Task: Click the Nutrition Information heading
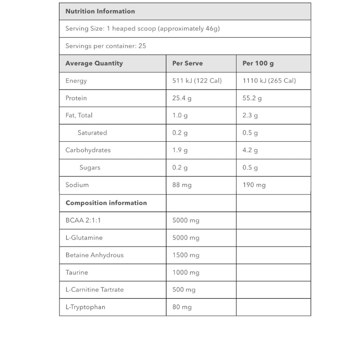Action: coord(100,11)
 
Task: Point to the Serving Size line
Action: coord(142,29)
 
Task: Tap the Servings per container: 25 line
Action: coord(106,46)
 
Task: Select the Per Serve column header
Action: coord(187,63)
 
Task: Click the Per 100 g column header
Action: coord(258,63)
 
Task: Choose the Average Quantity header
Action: coord(94,63)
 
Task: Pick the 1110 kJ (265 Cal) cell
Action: coord(269,81)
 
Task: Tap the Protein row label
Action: coord(76,98)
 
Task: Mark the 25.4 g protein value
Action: coord(182,98)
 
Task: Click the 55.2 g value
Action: coord(252,98)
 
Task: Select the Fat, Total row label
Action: coord(79,115)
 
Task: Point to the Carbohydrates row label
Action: coord(88,150)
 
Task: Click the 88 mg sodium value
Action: coord(182,185)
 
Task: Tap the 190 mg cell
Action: coord(254,185)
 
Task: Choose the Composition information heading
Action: coord(106,203)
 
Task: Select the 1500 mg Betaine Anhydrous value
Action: coord(186,255)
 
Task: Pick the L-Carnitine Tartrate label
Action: coord(94,290)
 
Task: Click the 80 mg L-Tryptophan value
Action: coord(182,307)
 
